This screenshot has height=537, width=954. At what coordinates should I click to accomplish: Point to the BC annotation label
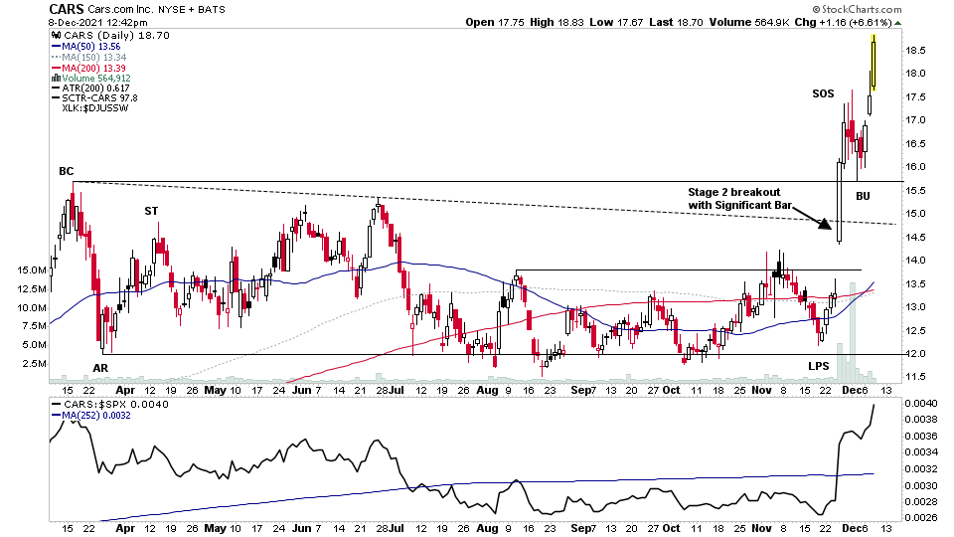[x=66, y=171]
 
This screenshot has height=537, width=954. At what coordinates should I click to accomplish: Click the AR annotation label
[x=100, y=368]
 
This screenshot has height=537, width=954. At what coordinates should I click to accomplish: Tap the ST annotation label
[x=151, y=210]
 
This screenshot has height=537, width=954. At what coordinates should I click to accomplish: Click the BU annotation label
[x=863, y=196]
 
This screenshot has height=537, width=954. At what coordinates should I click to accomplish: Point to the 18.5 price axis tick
[x=916, y=50]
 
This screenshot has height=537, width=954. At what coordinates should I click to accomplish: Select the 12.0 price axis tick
[x=916, y=354]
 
